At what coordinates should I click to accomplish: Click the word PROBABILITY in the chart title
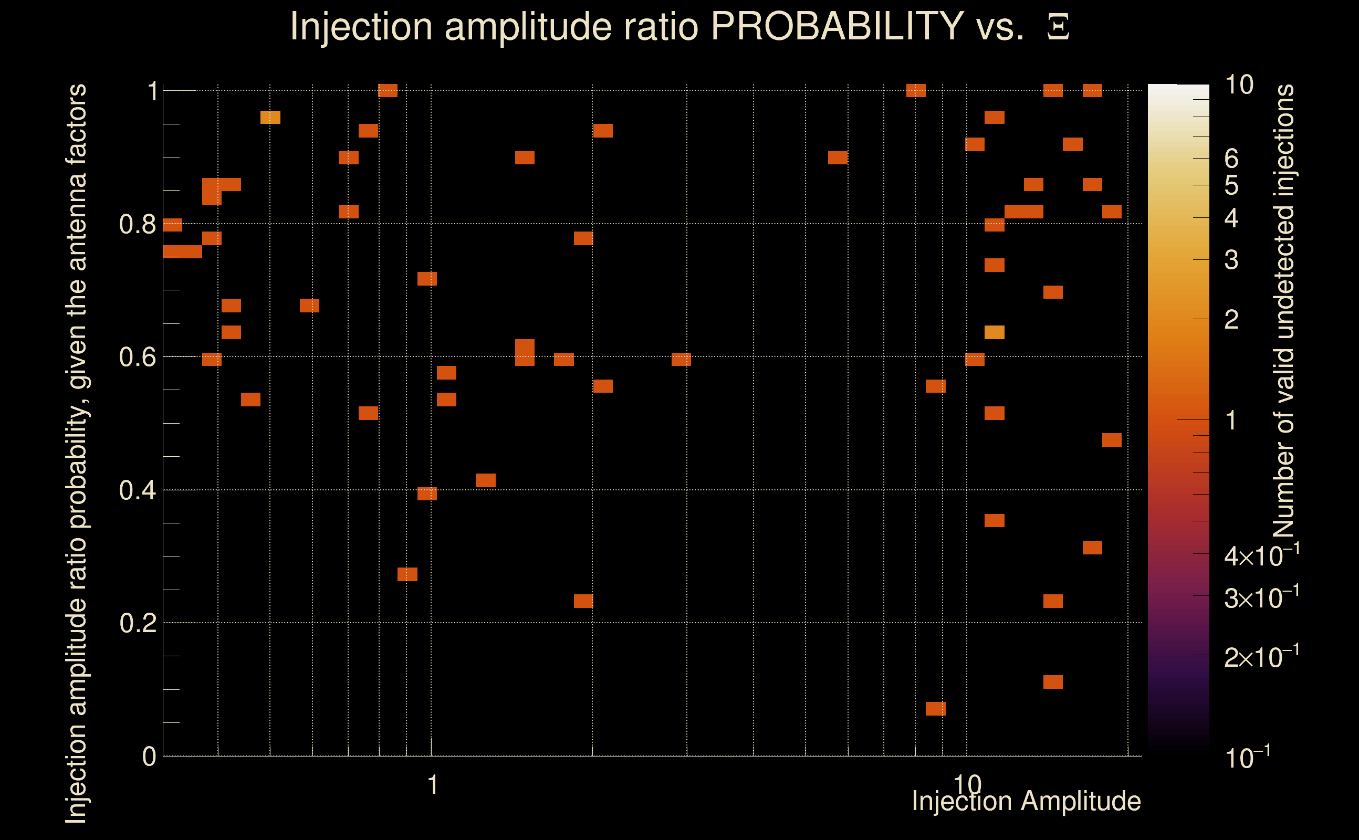pos(837,26)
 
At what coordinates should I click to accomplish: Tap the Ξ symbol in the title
pos(1058,27)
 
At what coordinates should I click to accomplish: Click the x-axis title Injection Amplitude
pos(1026,801)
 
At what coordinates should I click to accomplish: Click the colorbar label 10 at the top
pos(1239,85)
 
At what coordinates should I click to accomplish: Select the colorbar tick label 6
pos(1231,159)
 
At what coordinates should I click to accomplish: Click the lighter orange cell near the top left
pos(270,117)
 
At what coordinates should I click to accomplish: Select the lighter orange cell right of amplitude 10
pos(994,332)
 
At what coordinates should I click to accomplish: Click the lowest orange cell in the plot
pos(936,708)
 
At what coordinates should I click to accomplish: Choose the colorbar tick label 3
pos(1231,260)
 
